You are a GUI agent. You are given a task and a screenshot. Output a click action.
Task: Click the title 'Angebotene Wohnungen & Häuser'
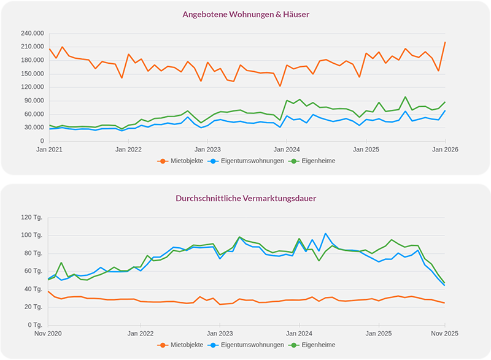(x=245, y=13)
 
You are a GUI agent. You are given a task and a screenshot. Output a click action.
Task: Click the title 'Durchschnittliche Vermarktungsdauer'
(x=245, y=199)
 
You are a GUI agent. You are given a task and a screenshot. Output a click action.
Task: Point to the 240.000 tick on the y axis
(x=33, y=33)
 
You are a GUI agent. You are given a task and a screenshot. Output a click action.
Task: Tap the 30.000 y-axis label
(x=34, y=128)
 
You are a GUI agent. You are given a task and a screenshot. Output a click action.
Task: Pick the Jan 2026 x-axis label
(x=445, y=149)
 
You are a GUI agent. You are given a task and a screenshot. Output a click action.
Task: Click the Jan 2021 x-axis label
(x=49, y=149)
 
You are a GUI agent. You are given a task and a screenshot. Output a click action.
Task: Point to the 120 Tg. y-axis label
(x=31, y=217)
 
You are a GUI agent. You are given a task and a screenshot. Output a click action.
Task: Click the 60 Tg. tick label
(x=33, y=271)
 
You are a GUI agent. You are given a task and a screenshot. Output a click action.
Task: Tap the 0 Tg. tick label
(x=34, y=325)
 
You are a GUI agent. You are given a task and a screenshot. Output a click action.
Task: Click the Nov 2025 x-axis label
(x=444, y=333)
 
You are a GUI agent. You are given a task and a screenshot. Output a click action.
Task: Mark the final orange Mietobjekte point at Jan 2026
(x=445, y=42)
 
